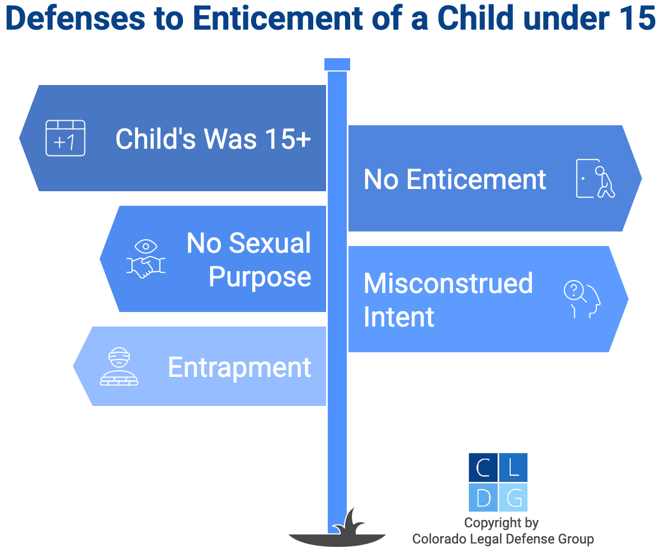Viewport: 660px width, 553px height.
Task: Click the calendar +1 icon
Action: coord(65,138)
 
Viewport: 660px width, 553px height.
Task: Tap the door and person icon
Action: coord(595,178)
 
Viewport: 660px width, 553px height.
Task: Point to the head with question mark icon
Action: coord(582,299)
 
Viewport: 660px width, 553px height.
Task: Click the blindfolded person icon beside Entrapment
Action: coord(119,366)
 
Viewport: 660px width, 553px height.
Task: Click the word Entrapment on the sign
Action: coord(239,367)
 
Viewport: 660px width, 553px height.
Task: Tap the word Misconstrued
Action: coord(448,283)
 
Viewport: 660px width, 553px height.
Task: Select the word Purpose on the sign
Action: coord(260,277)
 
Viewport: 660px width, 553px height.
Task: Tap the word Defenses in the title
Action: coord(76,18)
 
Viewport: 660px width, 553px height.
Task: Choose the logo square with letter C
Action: coord(483,467)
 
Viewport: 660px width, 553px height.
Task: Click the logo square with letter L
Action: coord(513,467)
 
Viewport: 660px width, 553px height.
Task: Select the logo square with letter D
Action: coord(483,498)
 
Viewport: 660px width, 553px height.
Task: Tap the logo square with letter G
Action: coord(513,498)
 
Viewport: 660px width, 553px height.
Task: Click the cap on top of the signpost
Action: coord(337,64)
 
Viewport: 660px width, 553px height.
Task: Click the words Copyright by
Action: coord(501,523)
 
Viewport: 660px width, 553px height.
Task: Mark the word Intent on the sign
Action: coord(399,317)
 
